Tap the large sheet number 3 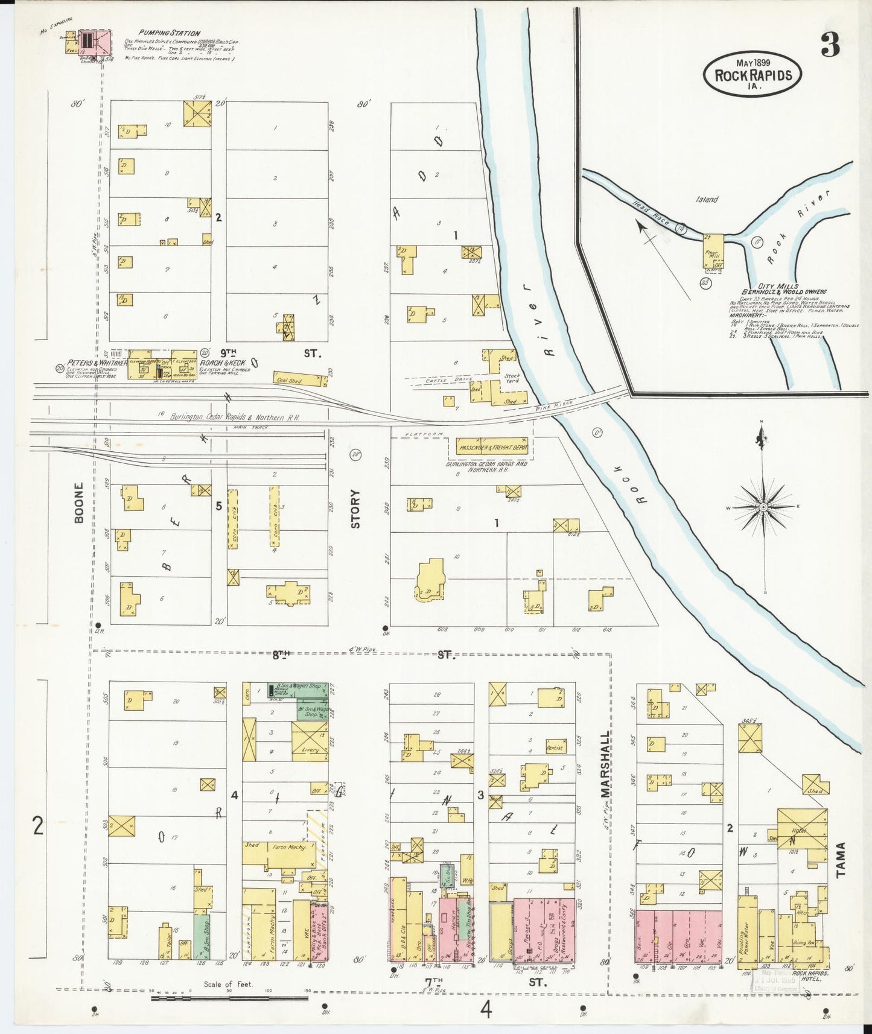coord(831,45)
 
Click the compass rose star coord(763,507)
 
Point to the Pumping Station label coord(169,33)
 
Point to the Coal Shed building coord(298,379)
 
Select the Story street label coord(355,509)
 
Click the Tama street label coord(841,859)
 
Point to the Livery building coord(310,738)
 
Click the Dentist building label coord(555,747)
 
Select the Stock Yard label coord(512,379)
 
